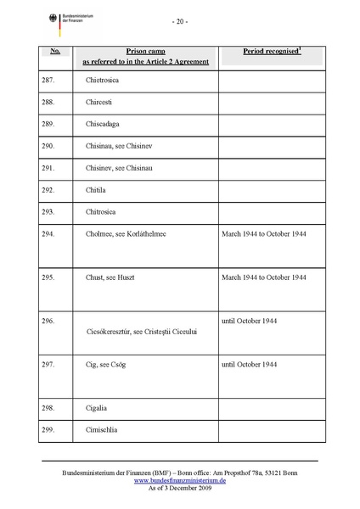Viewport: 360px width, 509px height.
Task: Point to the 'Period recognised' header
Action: [x=271, y=52]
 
